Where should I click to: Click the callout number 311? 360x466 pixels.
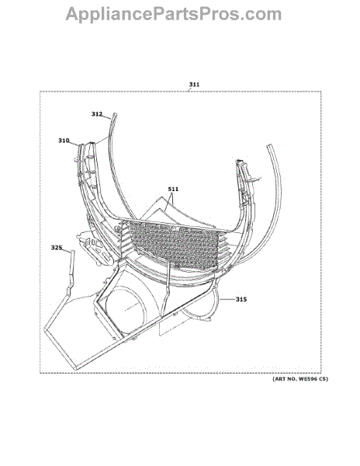pos(195,85)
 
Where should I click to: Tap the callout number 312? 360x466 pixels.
pos(97,114)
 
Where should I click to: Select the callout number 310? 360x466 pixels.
pos(64,141)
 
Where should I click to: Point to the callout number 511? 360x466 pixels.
pos(173,189)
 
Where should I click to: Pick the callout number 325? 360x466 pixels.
pos(57,248)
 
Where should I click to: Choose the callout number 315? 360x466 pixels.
pos(241,300)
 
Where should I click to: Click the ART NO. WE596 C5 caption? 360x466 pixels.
pos(300,379)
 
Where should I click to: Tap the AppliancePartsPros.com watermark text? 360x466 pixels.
pos(174,14)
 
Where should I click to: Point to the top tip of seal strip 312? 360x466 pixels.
pos(115,114)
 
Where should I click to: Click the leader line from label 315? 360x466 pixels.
pos(227,300)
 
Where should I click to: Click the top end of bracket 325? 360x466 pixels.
pos(72,252)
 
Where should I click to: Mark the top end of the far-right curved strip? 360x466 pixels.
pos(269,146)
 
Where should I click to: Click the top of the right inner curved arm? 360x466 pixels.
pos(239,162)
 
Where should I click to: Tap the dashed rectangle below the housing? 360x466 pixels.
pos(175,324)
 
